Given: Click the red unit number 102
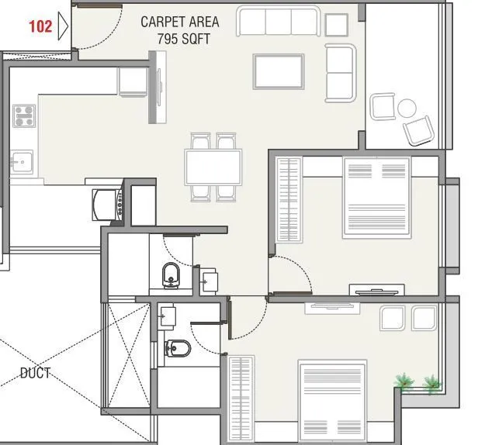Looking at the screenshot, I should (x=40, y=26).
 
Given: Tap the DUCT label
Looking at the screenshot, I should (x=35, y=373).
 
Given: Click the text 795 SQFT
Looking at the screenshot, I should (x=183, y=38).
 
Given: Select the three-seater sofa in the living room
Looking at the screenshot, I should (x=279, y=22).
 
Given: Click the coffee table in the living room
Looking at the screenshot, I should (x=279, y=71).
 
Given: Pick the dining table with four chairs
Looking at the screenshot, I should (x=213, y=166).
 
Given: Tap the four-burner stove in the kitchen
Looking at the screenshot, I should (x=24, y=116).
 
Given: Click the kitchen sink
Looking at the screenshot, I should (x=21, y=163).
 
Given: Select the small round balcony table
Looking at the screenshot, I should (x=406, y=107).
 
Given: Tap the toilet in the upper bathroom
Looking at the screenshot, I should (x=171, y=274).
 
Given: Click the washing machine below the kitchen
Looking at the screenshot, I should (x=106, y=205).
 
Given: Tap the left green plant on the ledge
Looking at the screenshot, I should (x=404, y=381).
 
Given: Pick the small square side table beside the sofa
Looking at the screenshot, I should (x=336, y=26).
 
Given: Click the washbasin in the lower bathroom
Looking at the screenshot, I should (x=168, y=316).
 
